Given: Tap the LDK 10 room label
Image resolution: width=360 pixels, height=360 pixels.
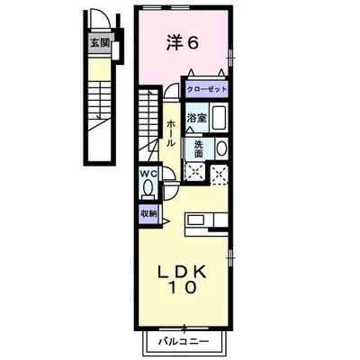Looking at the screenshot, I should [183, 281].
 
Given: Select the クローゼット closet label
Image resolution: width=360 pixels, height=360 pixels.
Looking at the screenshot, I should [207, 89].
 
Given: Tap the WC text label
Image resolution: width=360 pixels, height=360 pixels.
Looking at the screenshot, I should [148, 175].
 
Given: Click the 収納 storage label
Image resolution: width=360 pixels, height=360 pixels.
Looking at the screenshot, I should [148, 212].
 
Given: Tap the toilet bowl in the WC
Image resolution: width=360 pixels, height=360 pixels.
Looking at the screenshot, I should [148, 188].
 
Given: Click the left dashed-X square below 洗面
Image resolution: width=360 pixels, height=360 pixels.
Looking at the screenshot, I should [195, 172].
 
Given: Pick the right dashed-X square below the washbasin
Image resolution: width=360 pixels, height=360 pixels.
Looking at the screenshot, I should [218, 173].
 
